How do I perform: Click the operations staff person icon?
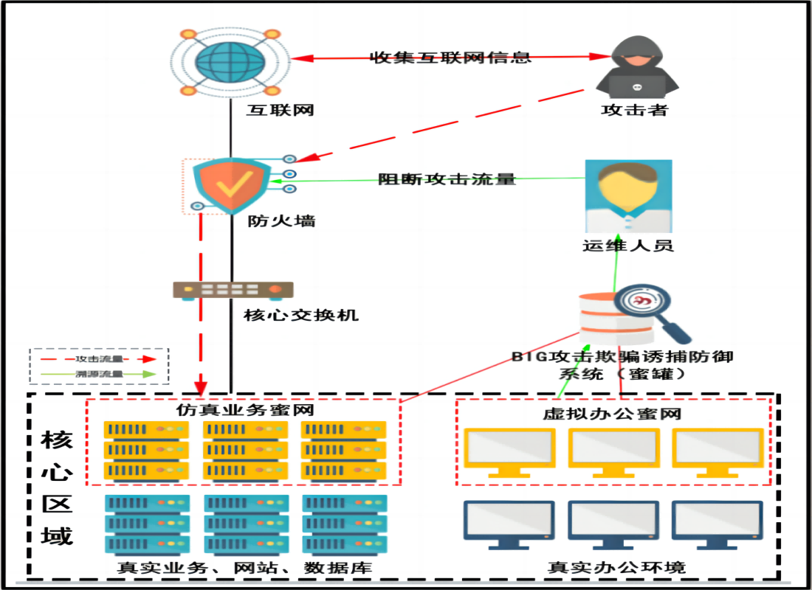pos(628,195)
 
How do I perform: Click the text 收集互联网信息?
pos(450,57)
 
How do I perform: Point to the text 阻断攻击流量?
pos(447,178)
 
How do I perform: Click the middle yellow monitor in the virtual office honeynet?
pos(613,449)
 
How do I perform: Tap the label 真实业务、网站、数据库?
pos(244,567)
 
